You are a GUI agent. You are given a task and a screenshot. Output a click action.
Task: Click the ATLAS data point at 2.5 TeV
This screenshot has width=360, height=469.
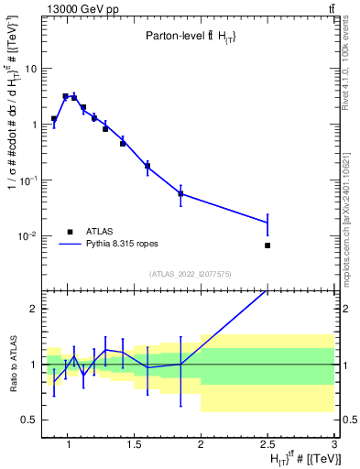[x=267, y=245]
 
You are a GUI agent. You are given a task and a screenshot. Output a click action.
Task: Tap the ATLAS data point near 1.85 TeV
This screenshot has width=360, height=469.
[x=180, y=193]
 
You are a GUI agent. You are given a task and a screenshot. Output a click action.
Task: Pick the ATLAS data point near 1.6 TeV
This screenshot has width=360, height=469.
[x=147, y=167]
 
